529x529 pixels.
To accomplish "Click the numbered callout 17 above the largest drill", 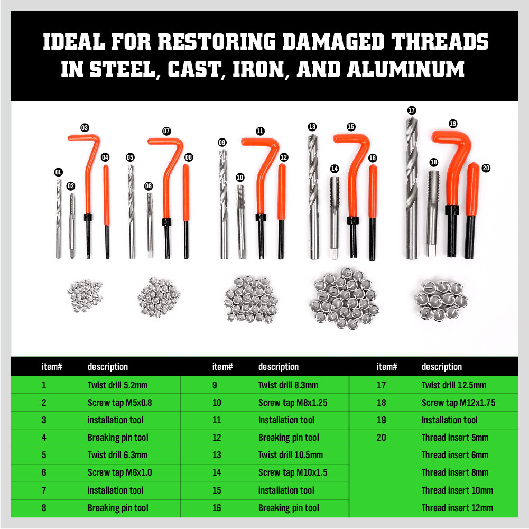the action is (412, 110).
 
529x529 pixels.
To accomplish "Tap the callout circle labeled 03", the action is (85, 128).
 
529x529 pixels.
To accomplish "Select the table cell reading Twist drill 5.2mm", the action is (117, 385).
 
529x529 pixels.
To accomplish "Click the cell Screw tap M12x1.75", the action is (459, 403).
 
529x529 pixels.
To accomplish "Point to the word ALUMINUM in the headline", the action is (406, 70).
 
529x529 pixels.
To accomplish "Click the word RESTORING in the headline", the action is (217, 42).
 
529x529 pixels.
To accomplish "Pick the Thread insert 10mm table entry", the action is (457, 490).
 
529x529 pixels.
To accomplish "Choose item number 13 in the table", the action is (217, 455).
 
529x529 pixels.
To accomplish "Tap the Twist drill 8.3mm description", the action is (288, 385).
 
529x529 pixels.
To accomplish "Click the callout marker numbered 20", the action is (486, 168).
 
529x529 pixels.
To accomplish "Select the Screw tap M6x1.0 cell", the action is (120, 472).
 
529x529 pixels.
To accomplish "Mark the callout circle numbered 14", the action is (335, 169).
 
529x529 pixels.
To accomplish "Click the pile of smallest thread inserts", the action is (85, 295).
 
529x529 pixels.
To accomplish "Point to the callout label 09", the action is (222, 142).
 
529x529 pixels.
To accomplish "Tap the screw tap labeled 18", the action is (432, 213).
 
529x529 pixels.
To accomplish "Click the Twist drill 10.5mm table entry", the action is (291, 455).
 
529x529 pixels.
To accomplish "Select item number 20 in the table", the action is (381, 438).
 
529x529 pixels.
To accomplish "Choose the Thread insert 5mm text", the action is (455, 438).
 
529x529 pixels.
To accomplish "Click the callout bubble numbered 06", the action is (149, 186).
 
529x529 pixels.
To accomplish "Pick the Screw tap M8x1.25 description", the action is (293, 403).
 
